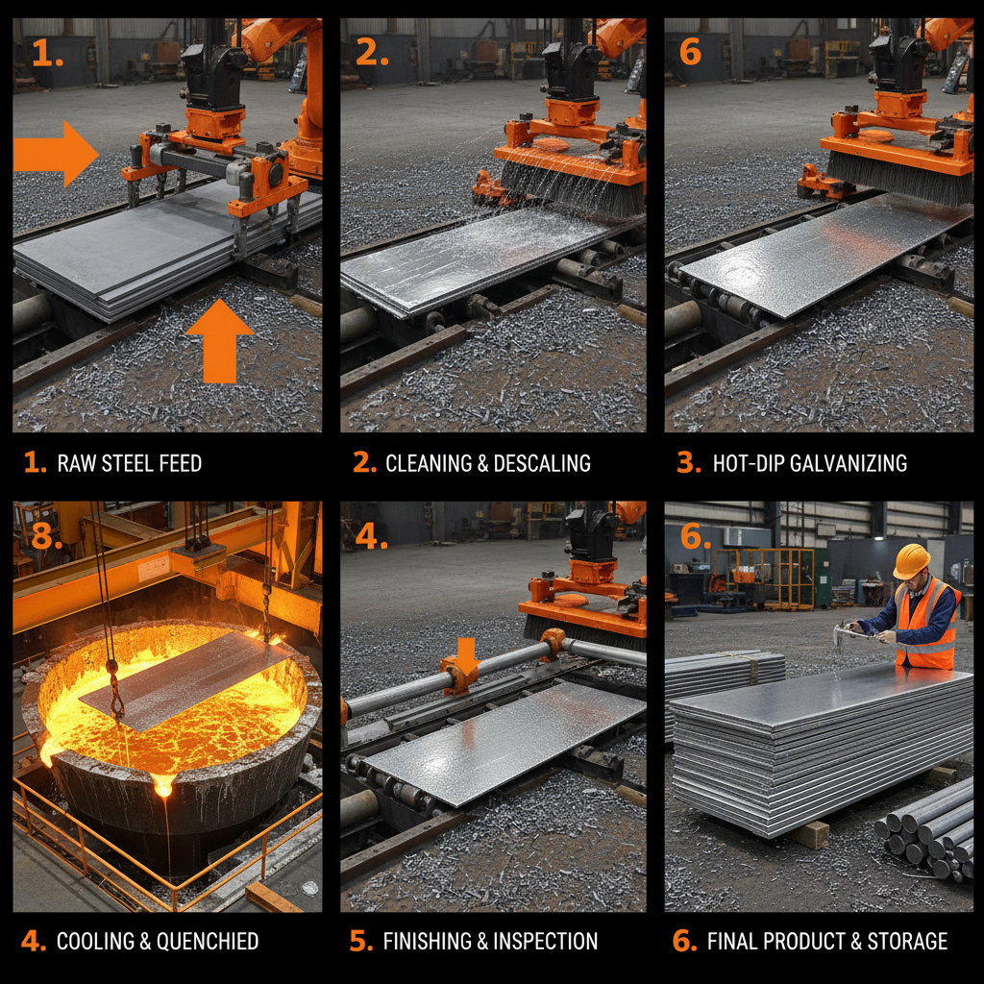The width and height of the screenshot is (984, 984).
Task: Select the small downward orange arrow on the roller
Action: (x=466, y=655)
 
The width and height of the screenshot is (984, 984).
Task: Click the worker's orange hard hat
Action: (x=911, y=561)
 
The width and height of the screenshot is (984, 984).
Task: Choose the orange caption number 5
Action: (x=361, y=941)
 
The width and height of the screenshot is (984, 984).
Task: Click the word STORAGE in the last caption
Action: (x=904, y=941)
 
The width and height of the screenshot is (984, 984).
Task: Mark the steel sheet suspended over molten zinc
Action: (x=187, y=678)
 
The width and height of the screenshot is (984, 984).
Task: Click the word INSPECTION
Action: (x=545, y=941)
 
